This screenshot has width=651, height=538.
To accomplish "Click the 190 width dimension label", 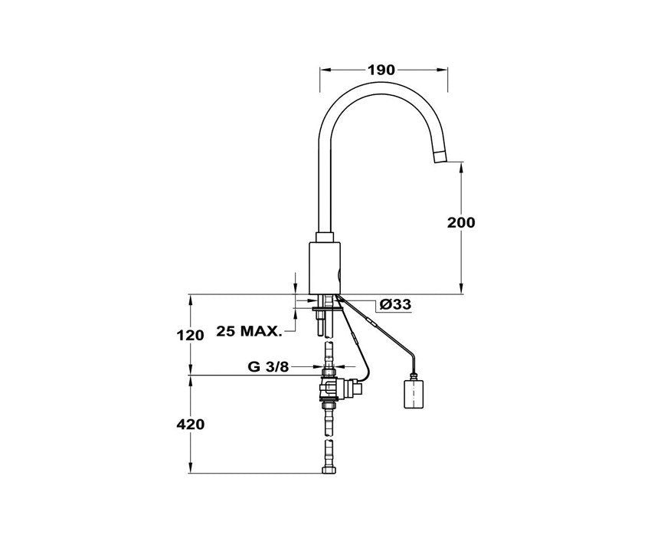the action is [381, 70].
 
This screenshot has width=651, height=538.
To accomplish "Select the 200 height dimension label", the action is [461, 223].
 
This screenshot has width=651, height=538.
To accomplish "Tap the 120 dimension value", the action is [190, 335].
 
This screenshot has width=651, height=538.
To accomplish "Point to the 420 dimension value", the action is [190, 425].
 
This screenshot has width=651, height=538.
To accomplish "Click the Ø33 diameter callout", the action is [395, 304].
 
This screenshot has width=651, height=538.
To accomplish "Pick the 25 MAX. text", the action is [249, 331].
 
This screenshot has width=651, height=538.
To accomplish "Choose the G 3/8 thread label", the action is [268, 366].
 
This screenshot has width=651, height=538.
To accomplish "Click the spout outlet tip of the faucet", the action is [440, 158].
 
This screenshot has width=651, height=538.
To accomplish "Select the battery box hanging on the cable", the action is [414, 391].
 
